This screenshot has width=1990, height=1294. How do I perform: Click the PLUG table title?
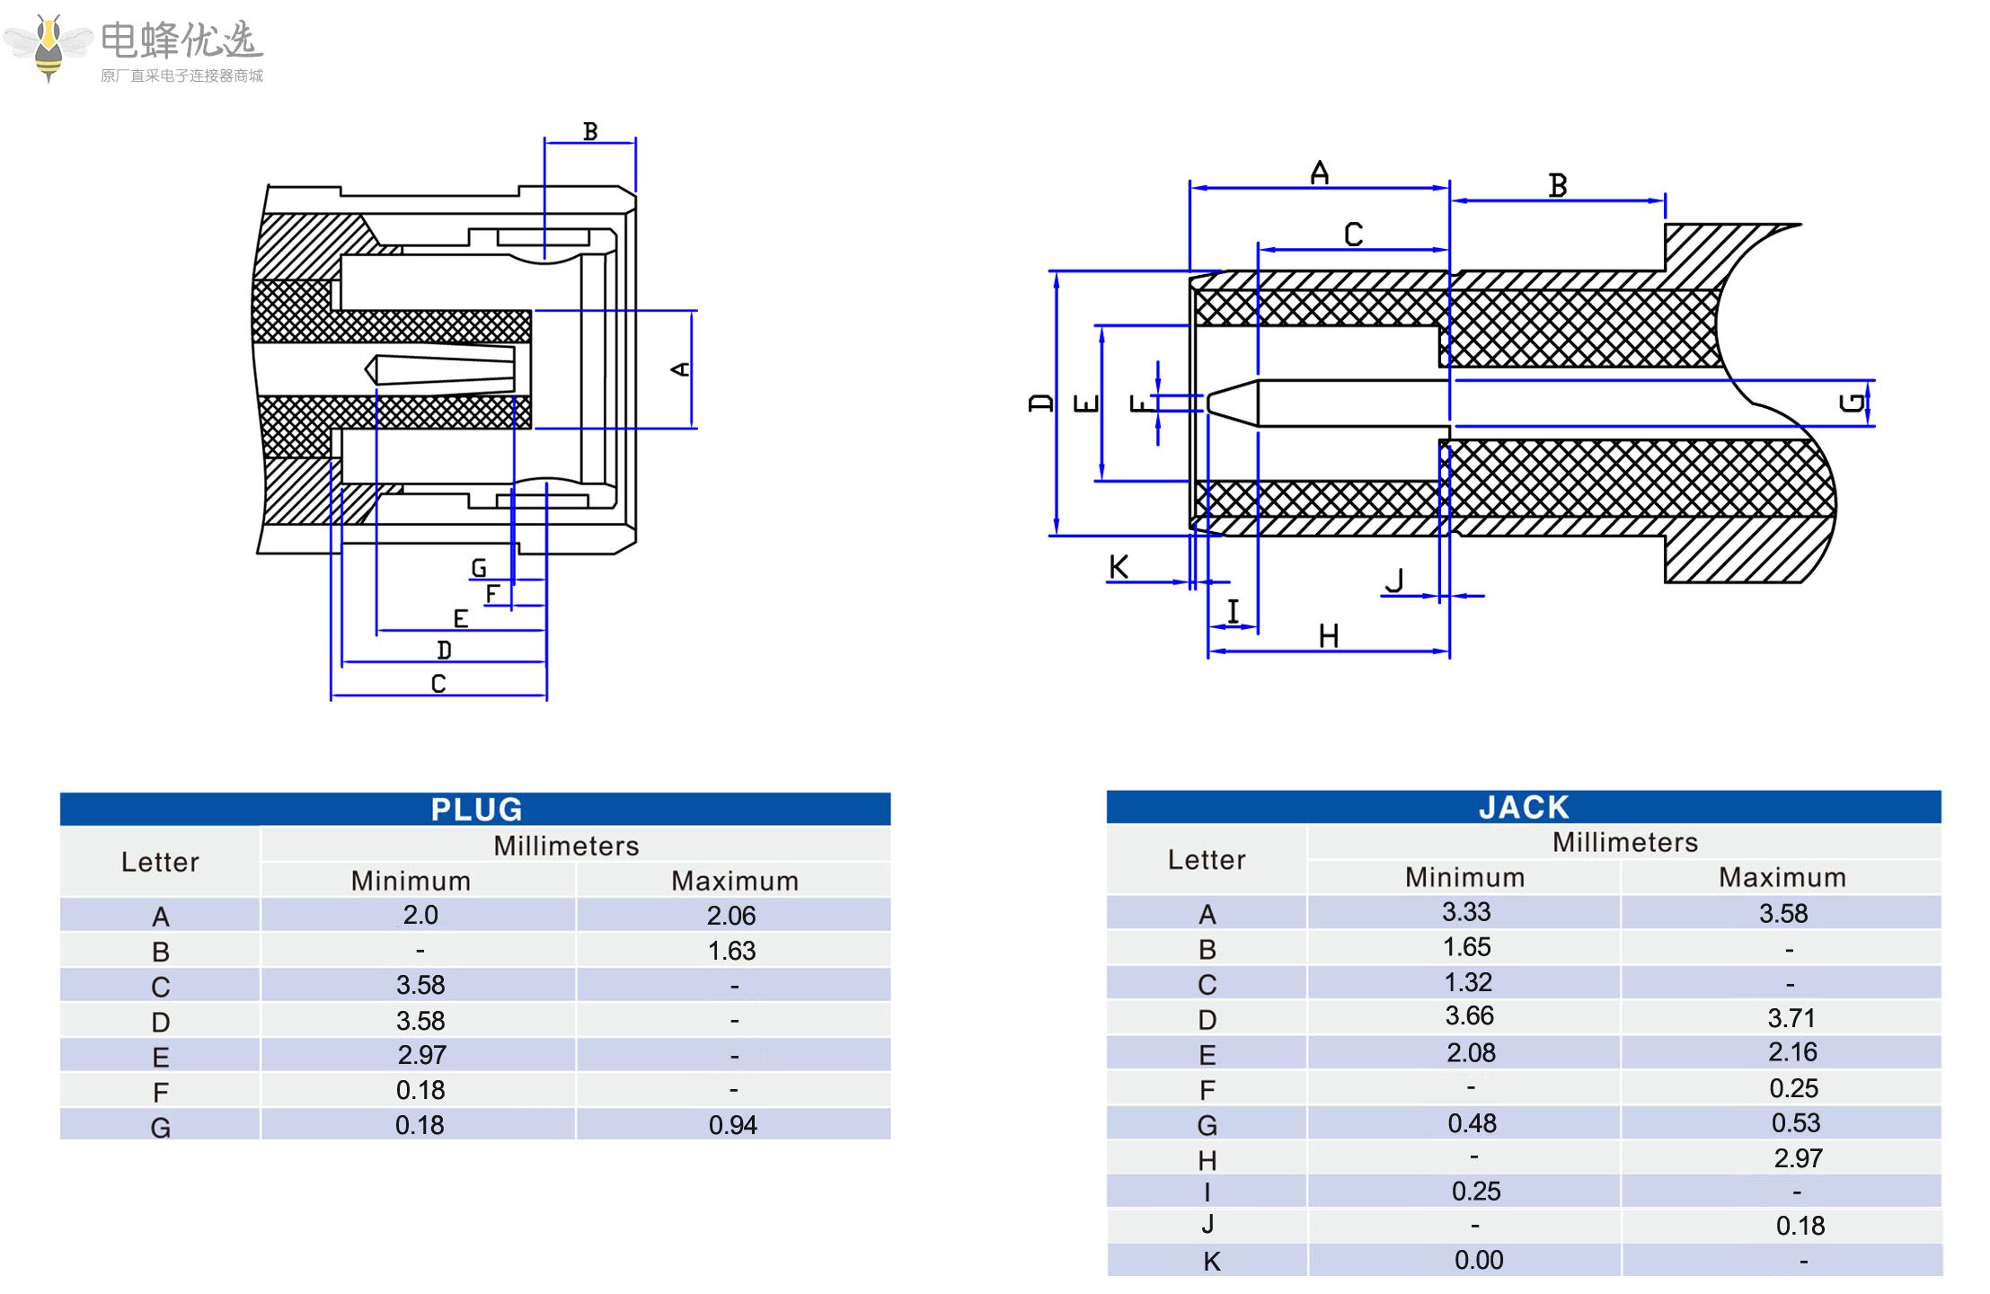click(476, 809)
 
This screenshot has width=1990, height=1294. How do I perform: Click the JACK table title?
click(1524, 807)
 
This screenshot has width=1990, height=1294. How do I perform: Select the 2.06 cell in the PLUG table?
click(731, 916)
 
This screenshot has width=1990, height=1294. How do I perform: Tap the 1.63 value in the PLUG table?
click(731, 951)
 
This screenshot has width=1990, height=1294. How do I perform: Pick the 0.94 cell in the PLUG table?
click(733, 1125)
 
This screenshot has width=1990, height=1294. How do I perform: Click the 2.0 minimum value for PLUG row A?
click(420, 915)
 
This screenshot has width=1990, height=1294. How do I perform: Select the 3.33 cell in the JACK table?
click(1466, 912)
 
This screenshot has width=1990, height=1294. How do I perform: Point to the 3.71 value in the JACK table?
click(1791, 1018)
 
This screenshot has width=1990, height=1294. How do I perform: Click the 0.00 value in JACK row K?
click(1479, 1260)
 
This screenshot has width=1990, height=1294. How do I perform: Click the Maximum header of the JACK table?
click(1782, 877)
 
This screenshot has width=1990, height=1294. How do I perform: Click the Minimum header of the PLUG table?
click(411, 881)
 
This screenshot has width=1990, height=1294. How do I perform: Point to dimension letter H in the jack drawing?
click(1329, 636)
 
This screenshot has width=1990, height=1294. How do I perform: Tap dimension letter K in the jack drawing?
click(1119, 567)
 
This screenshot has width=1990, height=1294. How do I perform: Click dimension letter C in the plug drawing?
click(438, 684)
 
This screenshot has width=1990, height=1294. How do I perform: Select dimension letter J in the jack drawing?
click(1394, 581)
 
